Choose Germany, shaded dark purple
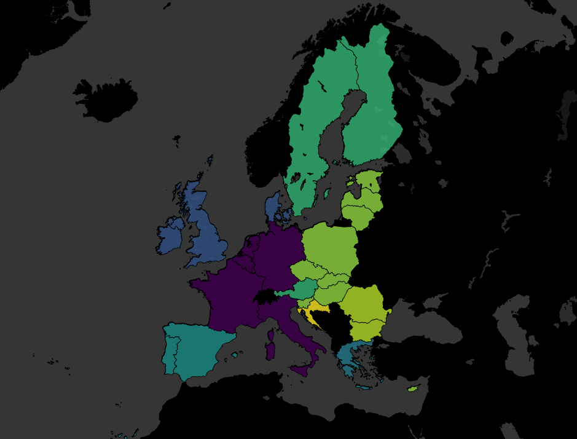click(x=277, y=252)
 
